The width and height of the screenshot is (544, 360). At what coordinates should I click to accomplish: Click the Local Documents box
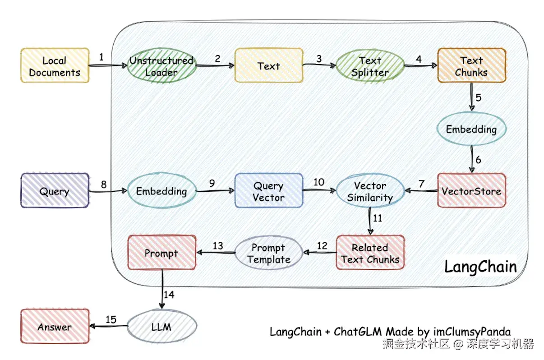pyautogui.click(x=55, y=66)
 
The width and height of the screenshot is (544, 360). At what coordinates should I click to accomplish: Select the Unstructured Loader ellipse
pyautogui.click(x=161, y=66)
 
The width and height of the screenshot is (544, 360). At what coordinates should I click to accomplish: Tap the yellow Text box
pyautogui.click(x=268, y=66)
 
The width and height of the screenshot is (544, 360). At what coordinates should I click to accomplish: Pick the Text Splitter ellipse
pyautogui.click(x=370, y=66)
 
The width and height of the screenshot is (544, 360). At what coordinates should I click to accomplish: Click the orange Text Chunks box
pyautogui.click(x=471, y=66)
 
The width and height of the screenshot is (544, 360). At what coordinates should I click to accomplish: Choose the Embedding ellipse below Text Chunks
pyautogui.click(x=471, y=129)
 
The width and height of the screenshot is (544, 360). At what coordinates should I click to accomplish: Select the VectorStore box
pyautogui.click(x=471, y=191)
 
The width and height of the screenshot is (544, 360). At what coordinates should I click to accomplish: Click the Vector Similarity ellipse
pyautogui.click(x=370, y=191)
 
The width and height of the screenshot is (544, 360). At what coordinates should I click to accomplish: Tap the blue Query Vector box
pyautogui.click(x=268, y=191)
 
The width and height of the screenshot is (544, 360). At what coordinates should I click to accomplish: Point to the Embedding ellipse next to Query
pyautogui.click(x=161, y=191)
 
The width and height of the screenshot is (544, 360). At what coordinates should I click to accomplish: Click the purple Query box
pyautogui.click(x=55, y=191)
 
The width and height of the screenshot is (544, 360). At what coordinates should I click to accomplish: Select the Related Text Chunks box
pyautogui.click(x=370, y=253)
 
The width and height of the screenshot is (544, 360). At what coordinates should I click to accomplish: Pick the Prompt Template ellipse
pyautogui.click(x=268, y=253)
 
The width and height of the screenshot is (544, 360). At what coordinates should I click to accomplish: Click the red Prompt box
pyautogui.click(x=161, y=253)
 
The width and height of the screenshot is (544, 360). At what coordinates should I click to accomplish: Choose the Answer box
pyautogui.click(x=55, y=327)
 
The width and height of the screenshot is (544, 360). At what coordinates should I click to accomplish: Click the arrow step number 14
pyautogui.click(x=168, y=295)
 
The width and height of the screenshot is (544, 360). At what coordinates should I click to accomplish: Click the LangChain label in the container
pyautogui.click(x=480, y=267)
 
